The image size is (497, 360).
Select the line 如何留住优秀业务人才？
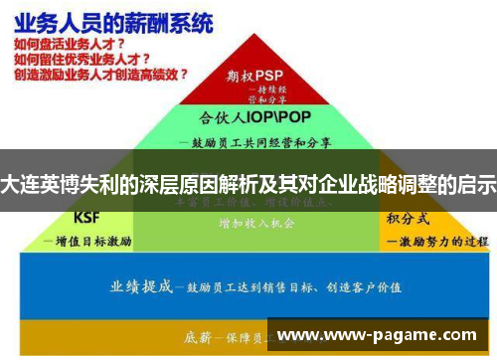pos(76,59)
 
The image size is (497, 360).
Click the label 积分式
pos(410,218)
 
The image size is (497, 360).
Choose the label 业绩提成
pos(140,285)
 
